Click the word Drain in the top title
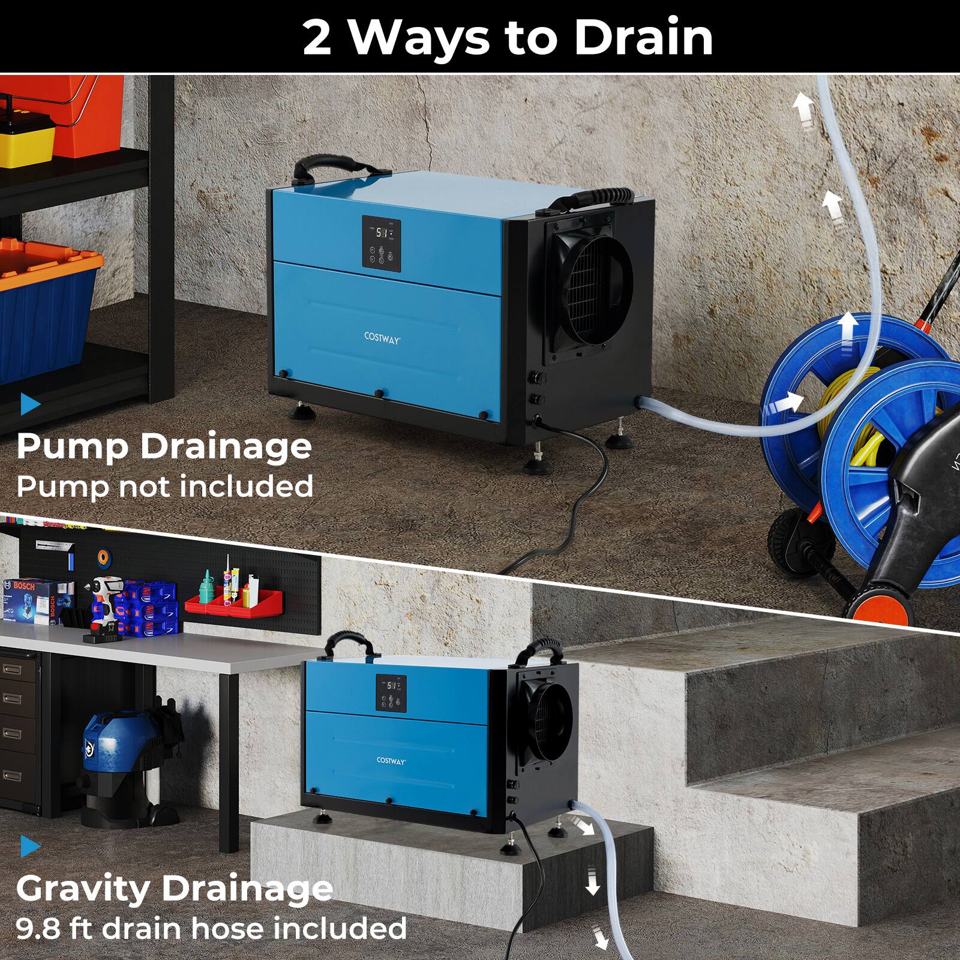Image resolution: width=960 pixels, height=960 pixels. click(x=643, y=38)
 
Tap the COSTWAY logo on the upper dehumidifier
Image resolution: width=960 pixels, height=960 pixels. click(x=382, y=338)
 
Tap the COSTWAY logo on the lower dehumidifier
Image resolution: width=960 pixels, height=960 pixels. click(x=391, y=760)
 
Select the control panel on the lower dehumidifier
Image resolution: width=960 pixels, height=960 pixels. click(x=391, y=693)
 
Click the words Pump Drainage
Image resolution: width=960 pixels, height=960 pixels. click(x=164, y=447)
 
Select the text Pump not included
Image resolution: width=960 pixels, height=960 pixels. click(x=164, y=486)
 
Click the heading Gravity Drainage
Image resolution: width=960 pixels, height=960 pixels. click(x=174, y=888)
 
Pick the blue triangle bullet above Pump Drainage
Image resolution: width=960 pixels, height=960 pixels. click(x=29, y=404)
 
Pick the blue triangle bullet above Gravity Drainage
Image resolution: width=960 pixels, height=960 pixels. click(x=30, y=847)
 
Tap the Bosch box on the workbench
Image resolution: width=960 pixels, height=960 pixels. click(x=37, y=600)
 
